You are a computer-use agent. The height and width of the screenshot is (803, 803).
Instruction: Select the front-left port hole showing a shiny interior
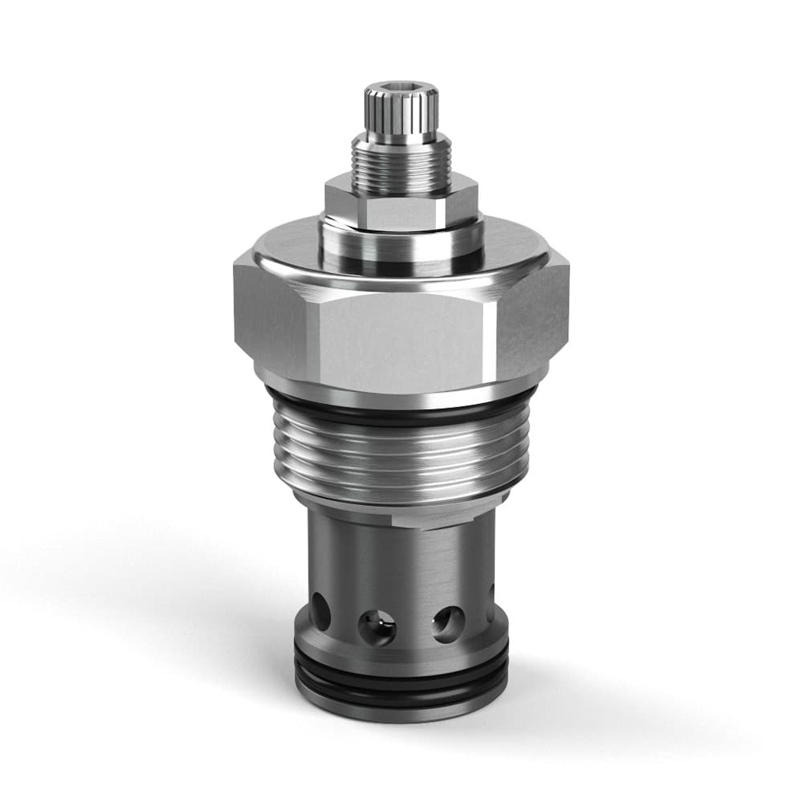377,626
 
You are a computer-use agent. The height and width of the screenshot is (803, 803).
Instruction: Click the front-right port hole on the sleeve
447,622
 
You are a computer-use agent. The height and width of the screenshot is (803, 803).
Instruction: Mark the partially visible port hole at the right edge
491,613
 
